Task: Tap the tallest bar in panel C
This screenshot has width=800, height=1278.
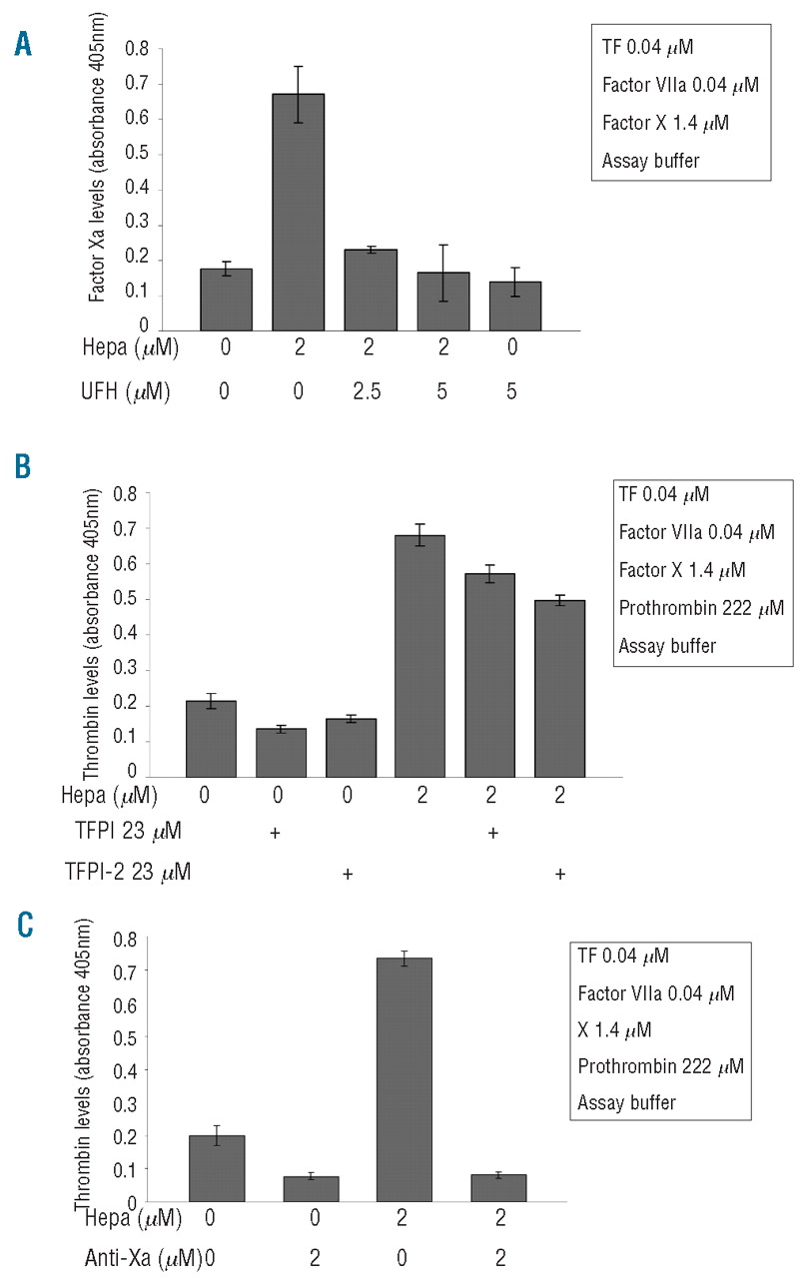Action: pyautogui.click(x=404, y=1079)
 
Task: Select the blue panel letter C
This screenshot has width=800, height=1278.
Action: pyautogui.click(x=22, y=927)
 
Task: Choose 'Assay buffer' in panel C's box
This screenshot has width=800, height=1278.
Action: pyautogui.click(x=626, y=1102)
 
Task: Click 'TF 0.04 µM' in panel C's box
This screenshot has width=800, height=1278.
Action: pyautogui.click(x=623, y=956)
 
